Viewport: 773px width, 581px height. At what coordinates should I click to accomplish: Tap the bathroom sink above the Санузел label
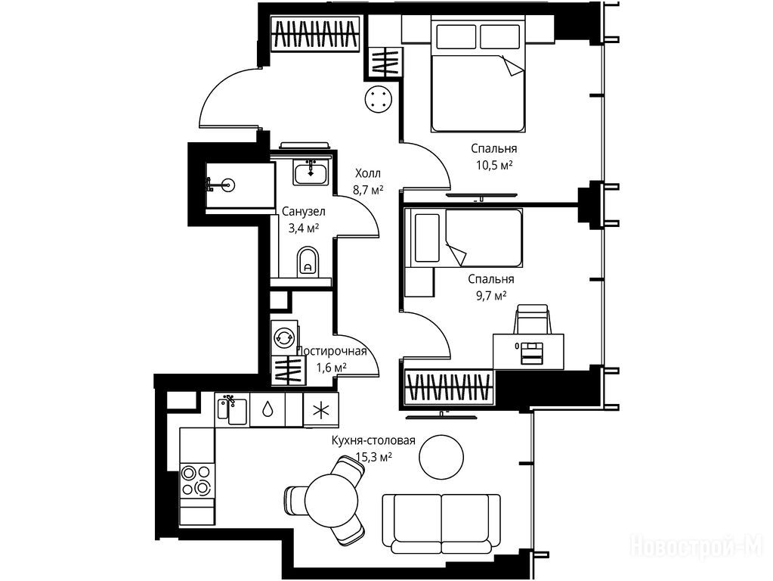pyautogui.click(x=311, y=172)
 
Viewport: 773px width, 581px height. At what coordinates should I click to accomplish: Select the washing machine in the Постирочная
pyautogui.click(x=284, y=337)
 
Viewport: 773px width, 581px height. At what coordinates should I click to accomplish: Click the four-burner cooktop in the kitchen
pyautogui.click(x=196, y=481)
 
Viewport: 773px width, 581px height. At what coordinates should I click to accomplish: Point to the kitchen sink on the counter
pyautogui.click(x=232, y=409)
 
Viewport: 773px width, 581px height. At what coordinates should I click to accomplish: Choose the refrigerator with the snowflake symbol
pyautogui.click(x=321, y=410)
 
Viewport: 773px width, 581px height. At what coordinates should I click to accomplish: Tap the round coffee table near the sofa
pyautogui.click(x=441, y=457)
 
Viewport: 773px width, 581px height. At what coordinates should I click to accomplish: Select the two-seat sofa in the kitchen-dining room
pyautogui.click(x=441, y=524)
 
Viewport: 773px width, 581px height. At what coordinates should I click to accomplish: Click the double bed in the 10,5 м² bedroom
pyautogui.click(x=477, y=73)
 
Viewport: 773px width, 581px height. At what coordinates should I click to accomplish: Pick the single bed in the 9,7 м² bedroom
pyautogui.click(x=463, y=238)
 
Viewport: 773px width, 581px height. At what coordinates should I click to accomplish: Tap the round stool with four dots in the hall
pyautogui.click(x=379, y=99)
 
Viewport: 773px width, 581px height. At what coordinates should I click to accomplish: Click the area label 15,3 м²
pyautogui.click(x=373, y=457)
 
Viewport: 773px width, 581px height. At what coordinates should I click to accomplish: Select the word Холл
pyautogui.click(x=368, y=174)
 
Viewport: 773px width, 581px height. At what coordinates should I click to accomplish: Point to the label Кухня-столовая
pyautogui.click(x=373, y=440)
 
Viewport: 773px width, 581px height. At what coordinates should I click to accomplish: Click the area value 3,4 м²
pyautogui.click(x=304, y=228)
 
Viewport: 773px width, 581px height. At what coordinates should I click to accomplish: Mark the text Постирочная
pyautogui.click(x=331, y=351)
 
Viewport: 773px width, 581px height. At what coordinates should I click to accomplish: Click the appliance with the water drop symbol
pyautogui.click(x=267, y=410)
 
